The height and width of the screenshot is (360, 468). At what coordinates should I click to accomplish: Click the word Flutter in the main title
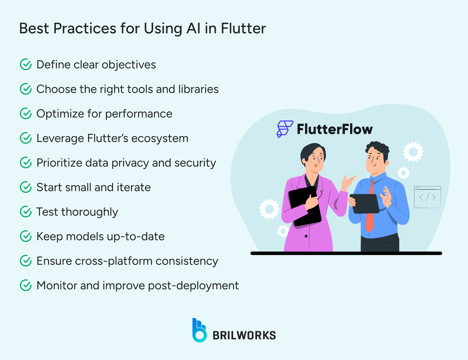(x=243, y=29)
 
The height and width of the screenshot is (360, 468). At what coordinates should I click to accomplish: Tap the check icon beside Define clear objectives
(x=26, y=65)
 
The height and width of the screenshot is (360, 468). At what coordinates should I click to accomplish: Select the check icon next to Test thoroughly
(x=26, y=212)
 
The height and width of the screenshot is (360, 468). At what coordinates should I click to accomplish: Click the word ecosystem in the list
(x=160, y=139)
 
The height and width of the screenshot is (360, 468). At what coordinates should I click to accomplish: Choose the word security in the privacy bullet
(x=195, y=163)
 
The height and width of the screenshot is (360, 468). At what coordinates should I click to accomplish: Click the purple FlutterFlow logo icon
(x=284, y=129)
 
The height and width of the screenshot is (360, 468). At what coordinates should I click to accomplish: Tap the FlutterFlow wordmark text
(x=335, y=129)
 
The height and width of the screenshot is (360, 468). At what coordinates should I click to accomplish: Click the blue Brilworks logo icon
(x=199, y=330)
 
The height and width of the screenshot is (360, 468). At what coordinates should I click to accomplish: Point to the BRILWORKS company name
(x=244, y=335)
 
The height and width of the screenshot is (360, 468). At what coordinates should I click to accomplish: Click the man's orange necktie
(x=370, y=210)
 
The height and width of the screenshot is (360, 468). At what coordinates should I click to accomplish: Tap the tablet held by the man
(x=365, y=203)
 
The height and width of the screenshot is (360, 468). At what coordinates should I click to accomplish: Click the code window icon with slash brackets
(x=427, y=197)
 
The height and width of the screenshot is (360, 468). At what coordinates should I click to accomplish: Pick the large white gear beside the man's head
(x=413, y=152)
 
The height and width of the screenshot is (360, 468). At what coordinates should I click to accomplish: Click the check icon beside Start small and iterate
(x=26, y=187)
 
